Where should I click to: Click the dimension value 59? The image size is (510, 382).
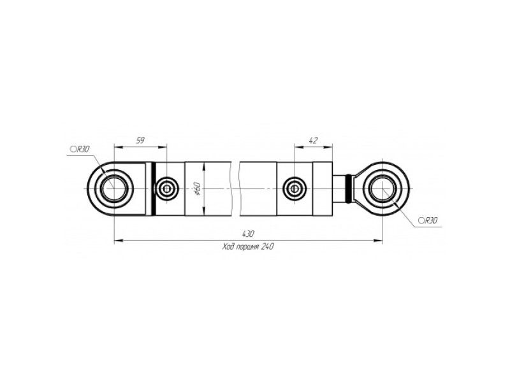[140, 140]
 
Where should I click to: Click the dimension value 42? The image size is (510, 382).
[313, 140]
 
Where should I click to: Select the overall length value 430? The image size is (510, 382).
[248, 234]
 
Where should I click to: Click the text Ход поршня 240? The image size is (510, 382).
[248, 246]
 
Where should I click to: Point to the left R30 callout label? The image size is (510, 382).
[79, 149]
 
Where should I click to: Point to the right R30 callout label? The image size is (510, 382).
[428, 221]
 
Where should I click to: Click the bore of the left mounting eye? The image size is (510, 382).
[114, 188]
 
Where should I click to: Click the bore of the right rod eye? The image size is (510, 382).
[383, 188]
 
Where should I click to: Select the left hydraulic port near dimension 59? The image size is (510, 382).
[167, 188]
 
